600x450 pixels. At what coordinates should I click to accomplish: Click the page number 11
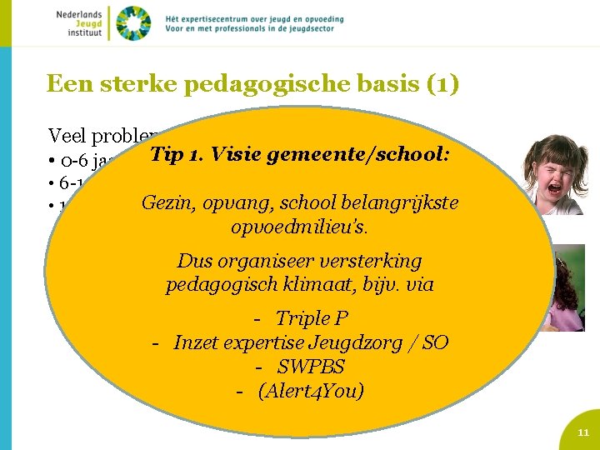tap(583, 432)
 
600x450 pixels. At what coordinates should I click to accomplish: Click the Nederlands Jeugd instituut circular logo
tap(133, 22)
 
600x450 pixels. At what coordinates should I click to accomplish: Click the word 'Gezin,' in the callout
tap(167, 202)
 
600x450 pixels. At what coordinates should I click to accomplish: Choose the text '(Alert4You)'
tap(311, 391)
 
